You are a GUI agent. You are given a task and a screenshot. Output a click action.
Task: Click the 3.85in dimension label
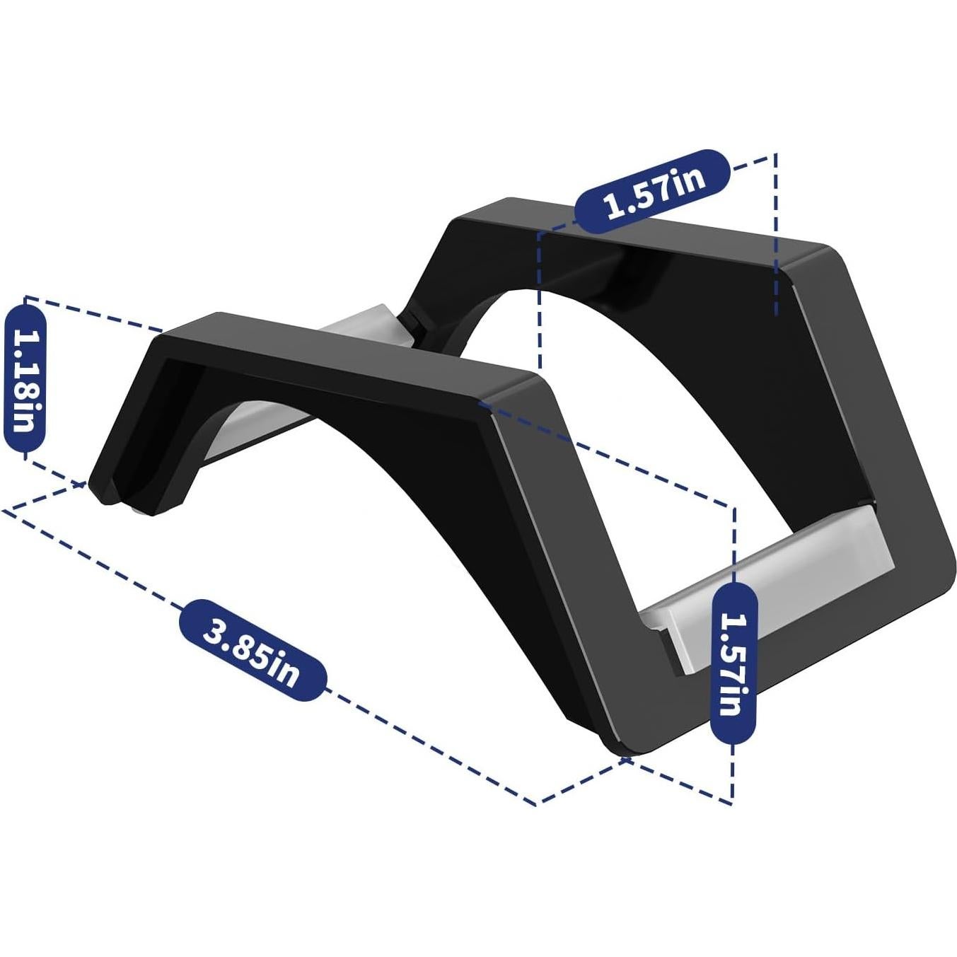pyautogui.click(x=253, y=650)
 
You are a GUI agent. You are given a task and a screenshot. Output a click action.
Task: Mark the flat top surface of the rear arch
pyautogui.click(x=637, y=237)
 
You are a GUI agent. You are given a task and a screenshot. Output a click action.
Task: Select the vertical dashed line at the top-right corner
pyautogui.click(x=777, y=233)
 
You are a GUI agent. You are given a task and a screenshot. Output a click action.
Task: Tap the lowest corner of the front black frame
pyautogui.click(x=622, y=750)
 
